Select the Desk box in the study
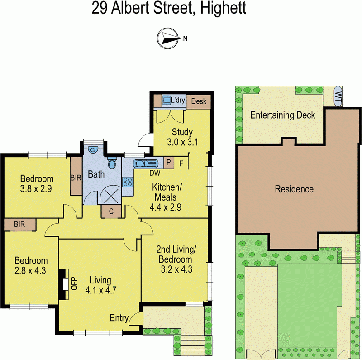(x=198, y=101)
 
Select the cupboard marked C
(x=110, y=211)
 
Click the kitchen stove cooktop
(x=128, y=182)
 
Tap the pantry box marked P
(x=169, y=162)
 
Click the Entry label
(x=119, y=318)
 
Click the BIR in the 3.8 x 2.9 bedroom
(x=76, y=178)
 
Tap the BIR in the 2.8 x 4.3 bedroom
(x=19, y=224)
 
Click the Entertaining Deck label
(x=283, y=115)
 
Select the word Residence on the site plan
(x=294, y=189)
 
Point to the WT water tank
(x=338, y=96)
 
